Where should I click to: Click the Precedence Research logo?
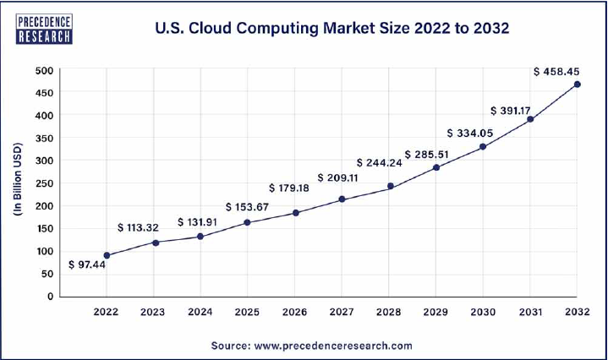pos(44,27)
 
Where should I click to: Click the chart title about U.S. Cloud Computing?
pos(332,28)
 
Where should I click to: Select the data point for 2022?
pos(107,255)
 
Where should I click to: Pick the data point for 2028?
pos(391,186)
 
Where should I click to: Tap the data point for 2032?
pos(577,84)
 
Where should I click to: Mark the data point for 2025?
pos(247,222)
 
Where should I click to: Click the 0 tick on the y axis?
pos(51,297)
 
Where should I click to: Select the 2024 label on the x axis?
pos(200,313)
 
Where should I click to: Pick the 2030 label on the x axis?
pos(483,313)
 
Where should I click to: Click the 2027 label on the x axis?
pos(342,313)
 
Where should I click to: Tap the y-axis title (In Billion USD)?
pos(19,183)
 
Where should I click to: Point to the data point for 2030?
pos(483,146)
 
